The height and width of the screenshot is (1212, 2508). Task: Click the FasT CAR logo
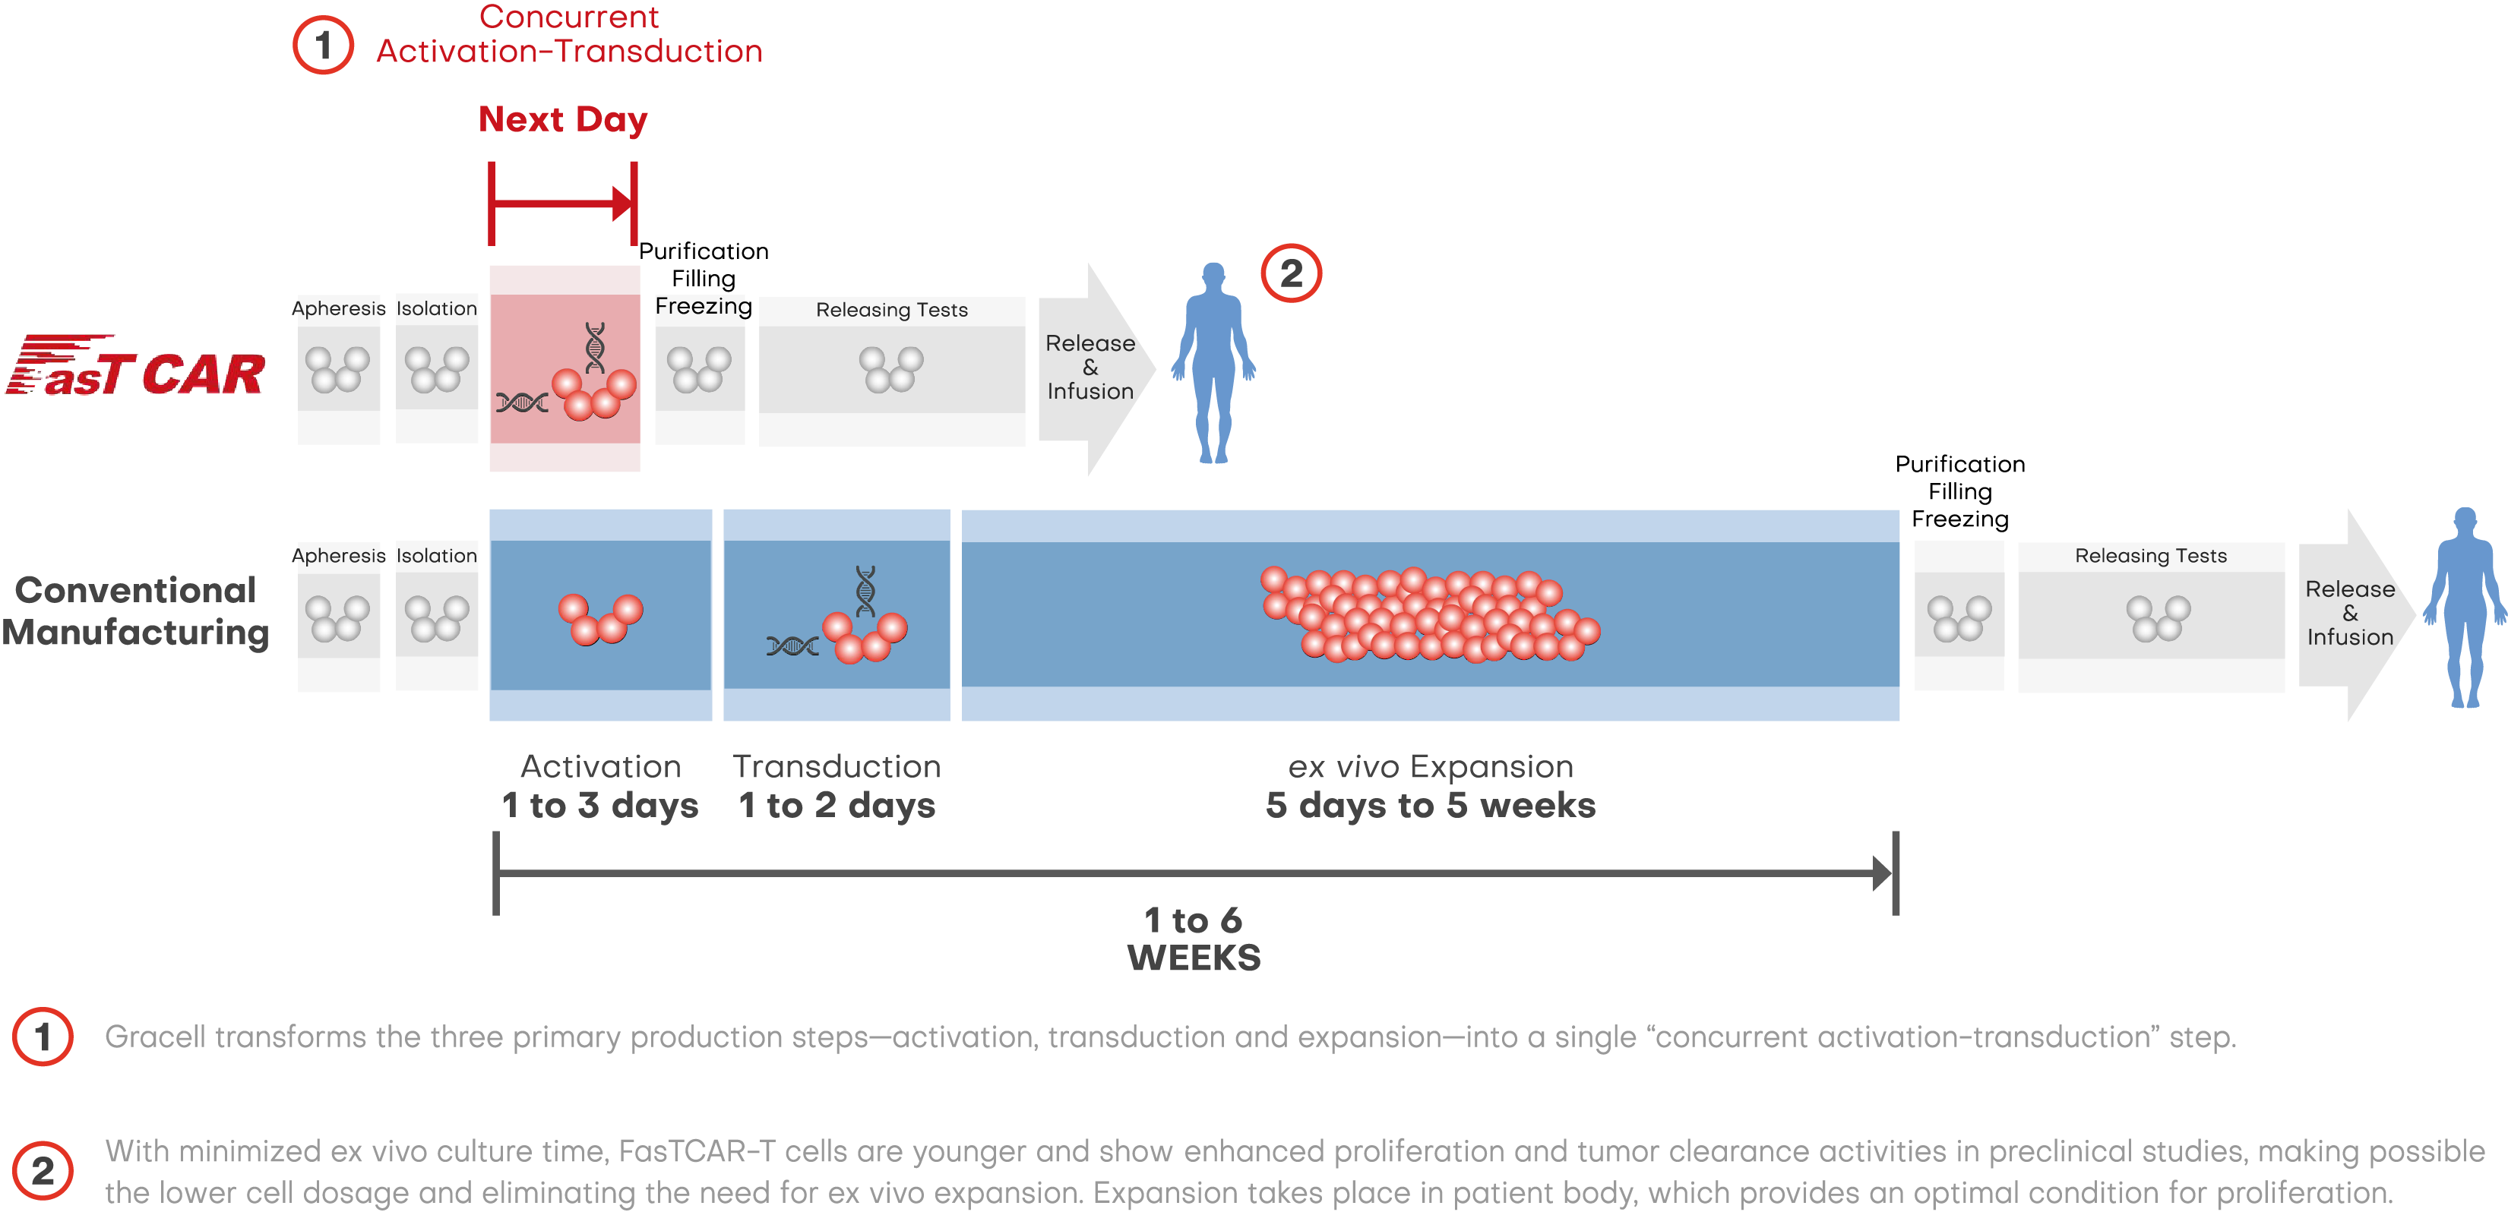tap(135, 366)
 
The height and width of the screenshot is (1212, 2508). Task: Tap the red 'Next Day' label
tap(563, 120)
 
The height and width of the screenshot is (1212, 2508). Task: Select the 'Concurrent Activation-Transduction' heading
tap(570, 34)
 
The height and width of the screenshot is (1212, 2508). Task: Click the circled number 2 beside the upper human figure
tap(1291, 273)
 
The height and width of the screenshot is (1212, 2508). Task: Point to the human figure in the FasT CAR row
tap(1213, 362)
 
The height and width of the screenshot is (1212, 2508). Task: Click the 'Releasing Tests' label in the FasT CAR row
tap(892, 310)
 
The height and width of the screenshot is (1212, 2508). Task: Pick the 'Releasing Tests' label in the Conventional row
tap(2151, 556)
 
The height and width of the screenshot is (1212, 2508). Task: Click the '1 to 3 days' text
tap(599, 806)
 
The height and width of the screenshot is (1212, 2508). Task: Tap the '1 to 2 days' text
tap(837, 806)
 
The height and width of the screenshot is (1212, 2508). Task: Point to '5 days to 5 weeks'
tap(1430, 806)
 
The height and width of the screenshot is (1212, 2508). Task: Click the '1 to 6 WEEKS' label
tap(1194, 939)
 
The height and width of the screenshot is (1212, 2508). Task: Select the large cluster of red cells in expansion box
tap(1430, 614)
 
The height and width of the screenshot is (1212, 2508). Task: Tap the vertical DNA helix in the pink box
tap(595, 348)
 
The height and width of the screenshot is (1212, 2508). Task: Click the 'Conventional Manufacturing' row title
tap(135, 611)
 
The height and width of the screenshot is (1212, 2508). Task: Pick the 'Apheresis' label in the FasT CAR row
tap(339, 308)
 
